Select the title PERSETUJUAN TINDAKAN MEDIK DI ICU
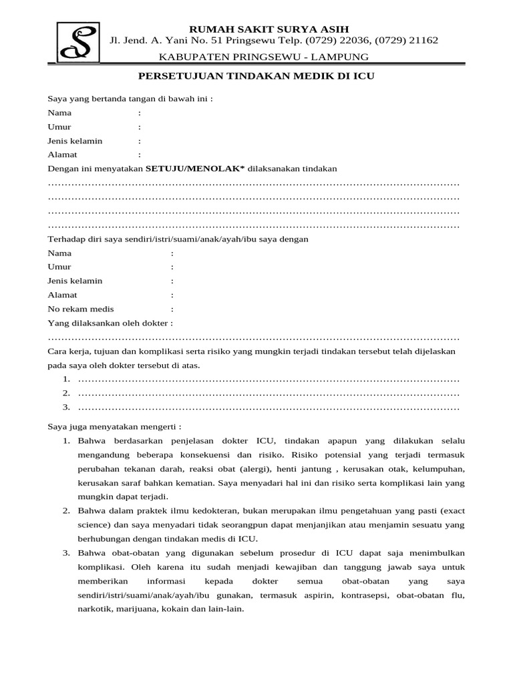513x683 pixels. coord(256,76)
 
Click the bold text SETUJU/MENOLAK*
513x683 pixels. coord(196,169)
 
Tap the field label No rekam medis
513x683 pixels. coord(81,309)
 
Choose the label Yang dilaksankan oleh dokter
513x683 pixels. coord(110,323)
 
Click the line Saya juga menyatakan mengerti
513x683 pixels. coord(114,426)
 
